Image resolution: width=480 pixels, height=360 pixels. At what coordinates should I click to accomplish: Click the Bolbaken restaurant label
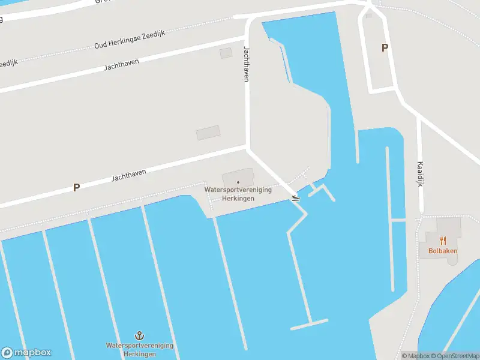(443, 251)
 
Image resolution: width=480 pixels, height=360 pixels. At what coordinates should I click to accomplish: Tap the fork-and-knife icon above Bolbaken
(443, 241)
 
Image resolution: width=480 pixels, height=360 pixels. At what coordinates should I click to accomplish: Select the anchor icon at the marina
(140, 335)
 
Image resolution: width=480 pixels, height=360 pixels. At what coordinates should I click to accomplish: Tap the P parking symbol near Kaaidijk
(385, 48)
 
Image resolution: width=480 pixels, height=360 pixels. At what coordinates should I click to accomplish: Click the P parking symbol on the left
(76, 187)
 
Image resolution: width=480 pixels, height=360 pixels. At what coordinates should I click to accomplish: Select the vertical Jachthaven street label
(246, 64)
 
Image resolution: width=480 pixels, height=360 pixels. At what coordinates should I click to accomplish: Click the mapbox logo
(26, 352)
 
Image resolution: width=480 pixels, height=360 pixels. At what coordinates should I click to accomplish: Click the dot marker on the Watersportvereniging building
(238, 182)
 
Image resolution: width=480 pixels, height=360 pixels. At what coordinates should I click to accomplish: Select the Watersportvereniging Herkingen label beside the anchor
(140, 350)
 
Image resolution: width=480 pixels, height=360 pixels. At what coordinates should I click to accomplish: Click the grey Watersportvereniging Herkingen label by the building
(238, 194)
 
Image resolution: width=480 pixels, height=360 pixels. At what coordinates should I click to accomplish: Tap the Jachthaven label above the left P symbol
(128, 175)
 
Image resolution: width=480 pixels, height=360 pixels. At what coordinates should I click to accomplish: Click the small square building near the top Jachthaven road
(226, 53)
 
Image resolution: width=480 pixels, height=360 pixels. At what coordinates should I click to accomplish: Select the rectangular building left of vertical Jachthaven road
(208, 133)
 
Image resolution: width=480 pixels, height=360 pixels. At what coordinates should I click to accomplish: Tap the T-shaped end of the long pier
(310, 325)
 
